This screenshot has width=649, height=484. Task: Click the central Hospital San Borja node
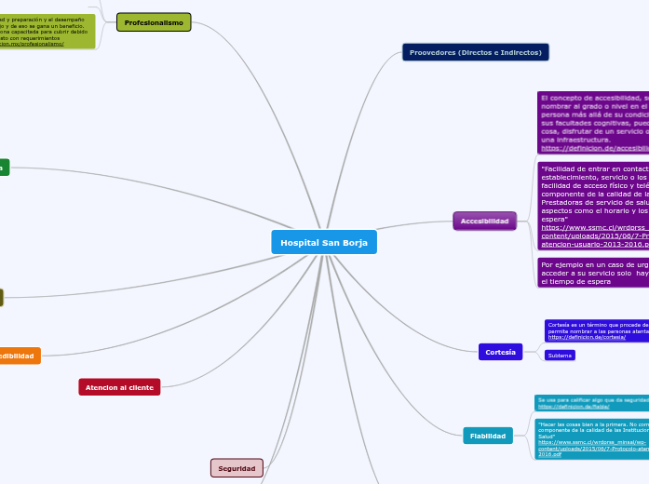pyautogui.click(x=324, y=242)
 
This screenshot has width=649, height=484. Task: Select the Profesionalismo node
pyautogui.click(x=154, y=22)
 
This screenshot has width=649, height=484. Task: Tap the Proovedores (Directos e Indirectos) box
pyautogui.click(x=475, y=52)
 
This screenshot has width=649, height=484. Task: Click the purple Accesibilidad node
pyautogui.click(x=484, y=221)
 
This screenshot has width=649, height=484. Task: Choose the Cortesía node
pyautogui.click(x=500, y=351)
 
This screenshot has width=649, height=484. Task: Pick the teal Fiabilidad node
pyautogui.click(x=487, y=436)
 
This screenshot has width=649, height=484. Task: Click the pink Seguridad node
pyautogui.click(x=237, y=468)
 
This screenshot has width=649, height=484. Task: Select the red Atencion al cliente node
pyautogui.click(x=119, y=386)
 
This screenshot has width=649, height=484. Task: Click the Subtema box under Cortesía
pyautogui.click(x=560, y=356)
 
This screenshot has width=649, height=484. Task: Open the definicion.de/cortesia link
pyautogui.click(x=574, y=337)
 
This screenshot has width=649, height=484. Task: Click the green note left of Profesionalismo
pyautogui.click(x=47, y=31)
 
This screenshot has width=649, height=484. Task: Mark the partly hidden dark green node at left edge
pyautogui.click(x=4, y=168)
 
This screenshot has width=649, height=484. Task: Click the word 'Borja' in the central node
pyautogui.click(x=352, y=242)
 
